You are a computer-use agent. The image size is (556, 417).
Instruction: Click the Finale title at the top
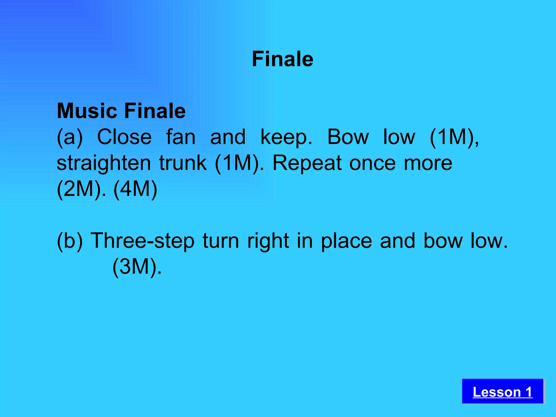click(282, 59)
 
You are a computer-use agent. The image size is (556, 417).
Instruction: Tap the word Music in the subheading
click(87, 111)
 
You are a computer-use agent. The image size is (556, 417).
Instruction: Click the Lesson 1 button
click(503, 392)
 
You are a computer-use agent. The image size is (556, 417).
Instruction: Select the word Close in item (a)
click(124, 137)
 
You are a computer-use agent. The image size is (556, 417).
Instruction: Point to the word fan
click(181, 137)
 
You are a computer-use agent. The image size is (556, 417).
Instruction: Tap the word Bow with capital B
click(348, 137)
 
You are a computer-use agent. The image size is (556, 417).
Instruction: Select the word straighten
click(103, 163)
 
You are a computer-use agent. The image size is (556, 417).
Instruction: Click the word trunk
click(183, 163)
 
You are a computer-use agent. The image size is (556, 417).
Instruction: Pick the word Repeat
click(307, 163)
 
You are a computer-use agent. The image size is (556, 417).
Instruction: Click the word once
click(372, 163)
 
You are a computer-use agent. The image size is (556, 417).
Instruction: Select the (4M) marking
click(135, 189)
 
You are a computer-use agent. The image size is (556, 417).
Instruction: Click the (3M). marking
click(137, 267)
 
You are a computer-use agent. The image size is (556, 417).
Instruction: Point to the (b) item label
click(69, 241)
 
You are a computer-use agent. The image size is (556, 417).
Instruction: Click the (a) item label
click(69, 137)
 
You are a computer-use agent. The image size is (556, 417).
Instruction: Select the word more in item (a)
click(428, 163)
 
